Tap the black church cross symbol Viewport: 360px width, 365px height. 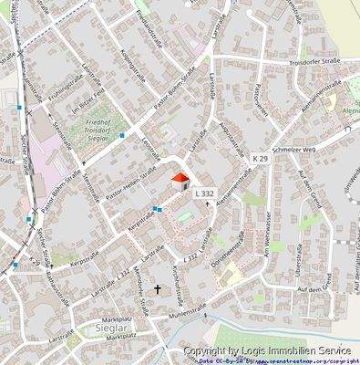pyautogui.click(x=159, y=289)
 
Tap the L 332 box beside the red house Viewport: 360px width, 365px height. pyautogui.click(x=204, y=193)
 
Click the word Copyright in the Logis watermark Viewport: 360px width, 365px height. pyautogui.click(x=211, y=349)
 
